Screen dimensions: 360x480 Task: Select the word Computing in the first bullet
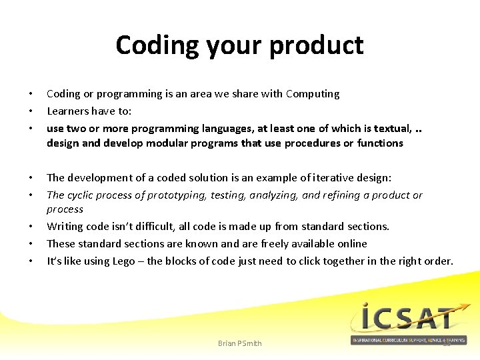[313, 94]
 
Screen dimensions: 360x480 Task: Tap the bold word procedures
[309, 143]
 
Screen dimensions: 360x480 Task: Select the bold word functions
[380, 143]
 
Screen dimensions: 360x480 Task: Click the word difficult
[142, 227]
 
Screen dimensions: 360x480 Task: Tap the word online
[349, 244]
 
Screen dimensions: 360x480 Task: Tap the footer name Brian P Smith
[240, 343]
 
